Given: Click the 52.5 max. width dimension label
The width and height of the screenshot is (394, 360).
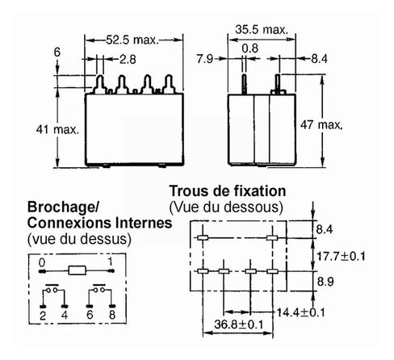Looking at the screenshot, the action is point(132,40).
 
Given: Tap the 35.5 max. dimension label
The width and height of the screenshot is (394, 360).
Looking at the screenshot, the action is point(262,29).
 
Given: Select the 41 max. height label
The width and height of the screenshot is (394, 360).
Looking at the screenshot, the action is point(57,130).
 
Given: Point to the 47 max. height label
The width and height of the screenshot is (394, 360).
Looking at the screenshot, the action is point(321,124).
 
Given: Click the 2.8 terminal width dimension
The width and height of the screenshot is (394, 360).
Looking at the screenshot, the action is point(128,59).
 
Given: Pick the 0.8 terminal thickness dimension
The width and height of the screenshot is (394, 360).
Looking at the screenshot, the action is point(249,48).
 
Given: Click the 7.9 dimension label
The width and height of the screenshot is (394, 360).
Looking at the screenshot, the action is point(205,59).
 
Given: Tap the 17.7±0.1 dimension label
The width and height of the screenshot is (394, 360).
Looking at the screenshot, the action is point(341,256).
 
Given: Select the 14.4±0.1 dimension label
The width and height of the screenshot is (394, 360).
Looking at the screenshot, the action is point(300,312).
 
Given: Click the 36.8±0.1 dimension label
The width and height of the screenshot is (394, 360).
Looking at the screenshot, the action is point(239,324).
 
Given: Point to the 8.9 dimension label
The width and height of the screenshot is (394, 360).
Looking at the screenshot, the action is point(325,282).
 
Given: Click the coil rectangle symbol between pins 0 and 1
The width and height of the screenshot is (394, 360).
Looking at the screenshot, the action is point(78,270).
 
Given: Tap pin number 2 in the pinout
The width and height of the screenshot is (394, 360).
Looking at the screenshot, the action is point(43,316).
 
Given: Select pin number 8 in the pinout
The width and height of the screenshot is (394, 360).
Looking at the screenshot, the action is point(112,315).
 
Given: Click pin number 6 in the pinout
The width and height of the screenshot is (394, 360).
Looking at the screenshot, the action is point(90,315).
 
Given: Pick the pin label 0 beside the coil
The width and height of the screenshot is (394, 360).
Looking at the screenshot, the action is point(42,262).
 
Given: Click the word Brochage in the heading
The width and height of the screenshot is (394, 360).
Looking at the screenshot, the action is point(61,207).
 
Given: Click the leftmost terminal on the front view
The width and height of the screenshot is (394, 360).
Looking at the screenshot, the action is point(100,84).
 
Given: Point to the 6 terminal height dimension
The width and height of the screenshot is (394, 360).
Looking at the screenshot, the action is point(57,52).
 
